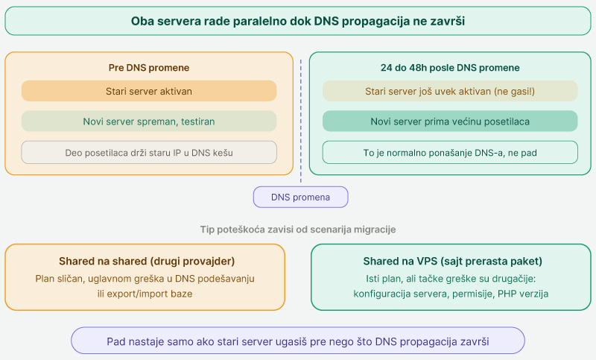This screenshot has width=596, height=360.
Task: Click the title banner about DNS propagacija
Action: click(298, 21)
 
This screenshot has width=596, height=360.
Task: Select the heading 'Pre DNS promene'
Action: click(149, 68)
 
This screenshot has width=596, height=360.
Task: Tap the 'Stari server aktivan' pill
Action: click(149, 91)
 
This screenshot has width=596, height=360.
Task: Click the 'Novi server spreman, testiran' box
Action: click(149, 121)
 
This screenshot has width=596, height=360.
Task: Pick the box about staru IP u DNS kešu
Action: click(149, 153)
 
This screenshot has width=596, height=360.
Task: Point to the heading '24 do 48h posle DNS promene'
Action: click(450, 68)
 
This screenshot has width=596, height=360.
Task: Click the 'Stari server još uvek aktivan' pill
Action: click(450, 91)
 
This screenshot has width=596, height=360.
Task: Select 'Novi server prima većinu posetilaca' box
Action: click(450, 121)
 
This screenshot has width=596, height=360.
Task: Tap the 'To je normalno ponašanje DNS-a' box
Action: click(450, 153)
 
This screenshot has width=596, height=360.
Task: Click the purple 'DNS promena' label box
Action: click(301, 197)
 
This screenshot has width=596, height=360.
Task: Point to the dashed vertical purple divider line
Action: click(301, 121)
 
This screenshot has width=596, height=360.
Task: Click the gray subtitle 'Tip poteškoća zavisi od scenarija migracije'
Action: click(298, 230)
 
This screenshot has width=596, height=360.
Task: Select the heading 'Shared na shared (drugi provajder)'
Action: click(147, 261)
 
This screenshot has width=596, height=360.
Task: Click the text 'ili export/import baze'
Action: click(145, 294)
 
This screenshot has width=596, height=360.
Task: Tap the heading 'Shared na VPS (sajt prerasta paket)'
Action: click(453, 261)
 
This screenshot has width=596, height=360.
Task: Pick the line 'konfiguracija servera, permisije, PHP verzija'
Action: click(451, 294)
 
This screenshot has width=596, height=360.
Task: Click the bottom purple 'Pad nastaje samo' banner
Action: click(298, 341)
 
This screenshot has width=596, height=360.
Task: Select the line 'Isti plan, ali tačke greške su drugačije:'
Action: click(451, 279)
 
